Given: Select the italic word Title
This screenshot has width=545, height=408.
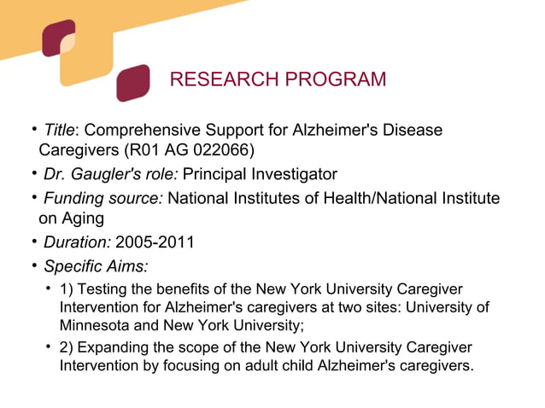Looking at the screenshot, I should coord(60,131).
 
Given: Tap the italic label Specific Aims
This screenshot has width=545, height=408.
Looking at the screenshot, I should coord(95,265).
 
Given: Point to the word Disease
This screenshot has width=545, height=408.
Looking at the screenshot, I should coord(413,131).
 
